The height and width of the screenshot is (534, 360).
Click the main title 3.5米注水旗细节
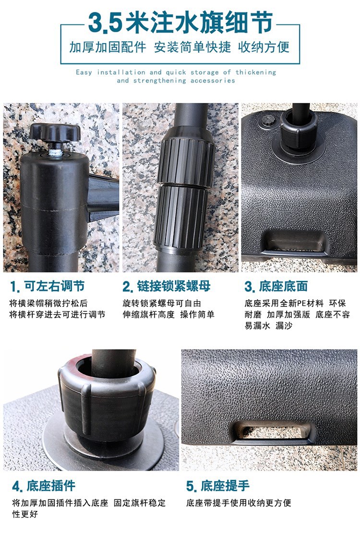tap(180, 23)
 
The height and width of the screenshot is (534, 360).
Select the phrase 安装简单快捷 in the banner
tap(192, 47)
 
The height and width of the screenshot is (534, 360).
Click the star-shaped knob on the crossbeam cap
tap(55, 133)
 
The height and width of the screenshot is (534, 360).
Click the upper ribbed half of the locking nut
tap(186, 159)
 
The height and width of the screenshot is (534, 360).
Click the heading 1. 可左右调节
tap(48, 286)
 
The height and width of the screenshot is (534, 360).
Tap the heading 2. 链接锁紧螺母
tap(167, 286)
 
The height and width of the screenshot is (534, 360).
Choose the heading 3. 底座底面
tap(276, 286)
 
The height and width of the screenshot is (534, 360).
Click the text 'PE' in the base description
tap(302, 303)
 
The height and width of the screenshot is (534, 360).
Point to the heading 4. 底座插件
tap(44, 486)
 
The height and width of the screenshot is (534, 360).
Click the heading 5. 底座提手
tap(218, 486)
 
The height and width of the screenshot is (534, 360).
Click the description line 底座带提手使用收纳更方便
tap(239, 503)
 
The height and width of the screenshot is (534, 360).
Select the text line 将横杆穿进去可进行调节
tap(57, 315)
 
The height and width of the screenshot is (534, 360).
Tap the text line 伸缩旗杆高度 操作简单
tap(168, 315)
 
